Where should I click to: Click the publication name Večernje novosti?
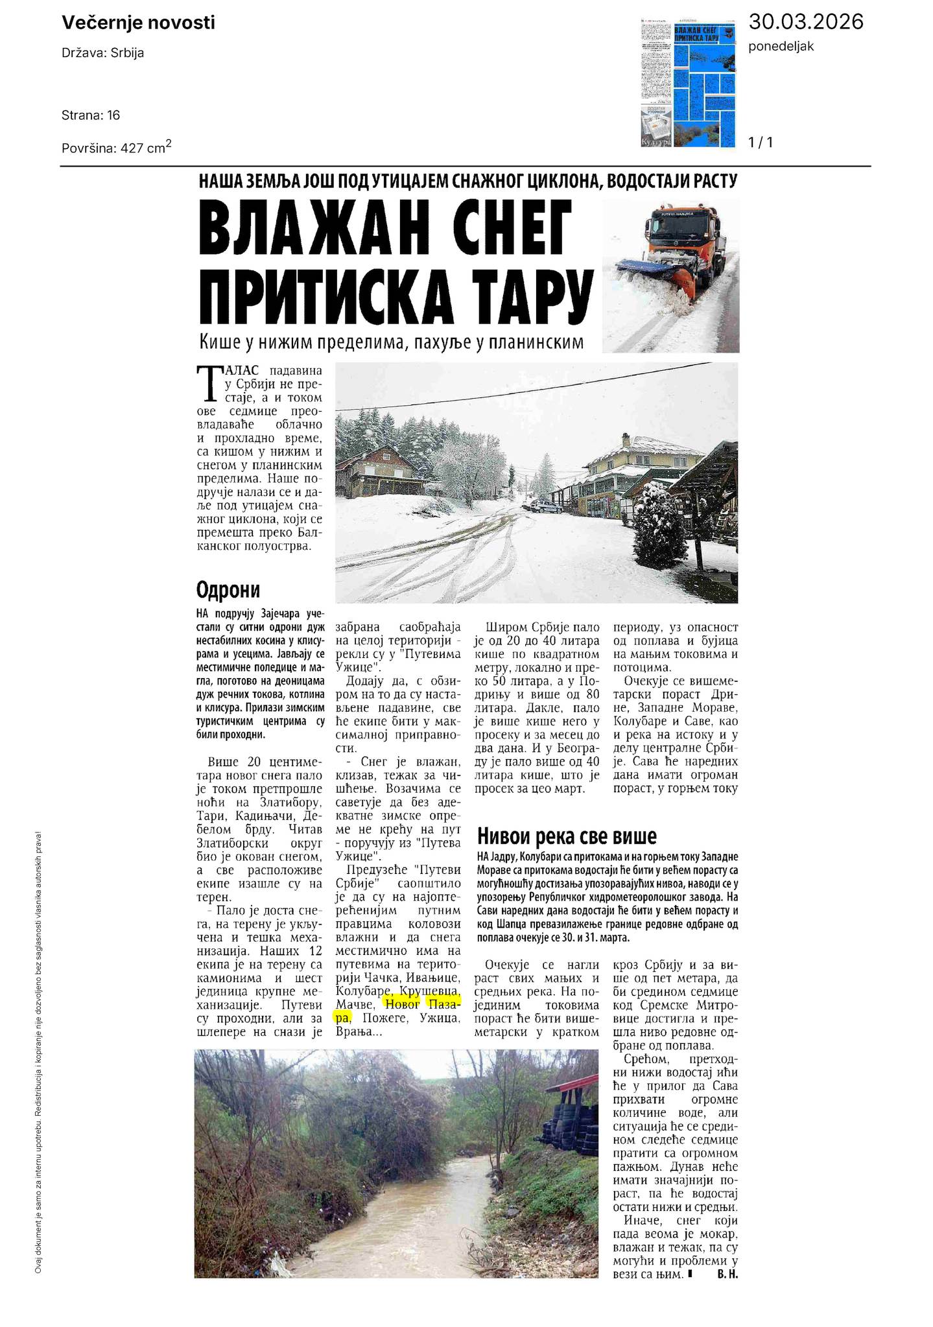(x=138, y=23)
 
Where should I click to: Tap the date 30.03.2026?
(x=806, y=22)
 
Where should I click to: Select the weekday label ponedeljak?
(x=781, y=46)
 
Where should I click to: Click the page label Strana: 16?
(x=91, y=115)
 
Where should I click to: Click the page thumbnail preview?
(x=688, y=83)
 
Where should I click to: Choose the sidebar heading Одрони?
(x=228, y=591)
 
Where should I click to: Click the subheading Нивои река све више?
(x=567, y=836)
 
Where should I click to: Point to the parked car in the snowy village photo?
(x=542, y=506)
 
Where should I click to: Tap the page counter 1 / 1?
(x=761, y=141)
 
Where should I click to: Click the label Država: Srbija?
(x=103, y=53)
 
